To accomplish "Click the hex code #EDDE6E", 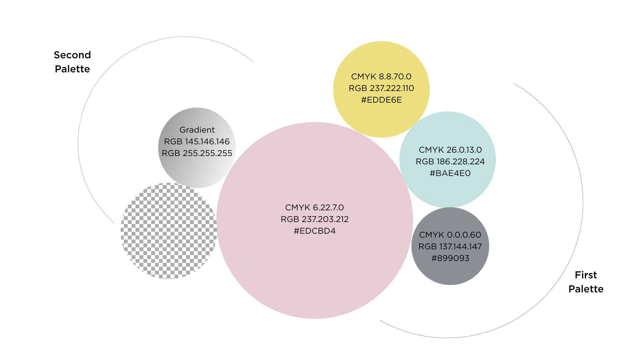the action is coord(381,100).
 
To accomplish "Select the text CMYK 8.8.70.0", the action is coord(381,77).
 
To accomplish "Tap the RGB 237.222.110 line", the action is coord(381,88).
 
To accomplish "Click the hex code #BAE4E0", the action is coord(450,173).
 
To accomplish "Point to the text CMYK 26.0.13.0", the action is coord(450,150).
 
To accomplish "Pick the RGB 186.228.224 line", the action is coord(450,162).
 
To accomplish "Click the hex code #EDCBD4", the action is coord(315,231).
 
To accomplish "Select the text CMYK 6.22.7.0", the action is coord(315,208).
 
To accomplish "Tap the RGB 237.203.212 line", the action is coord(315,219).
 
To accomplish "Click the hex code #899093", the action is coord(450,258).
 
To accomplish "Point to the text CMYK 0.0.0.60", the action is coord(450,235).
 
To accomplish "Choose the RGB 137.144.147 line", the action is coord(450,247).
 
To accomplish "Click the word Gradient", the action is coord(197,130).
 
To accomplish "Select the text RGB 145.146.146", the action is coord(197,142).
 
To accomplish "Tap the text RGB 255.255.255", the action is coord(197,153).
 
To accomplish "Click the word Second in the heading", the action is coord(72,55).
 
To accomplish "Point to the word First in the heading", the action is coord(586,275).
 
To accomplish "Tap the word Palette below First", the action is coord(586,289).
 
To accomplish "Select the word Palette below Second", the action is coord(72,69).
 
